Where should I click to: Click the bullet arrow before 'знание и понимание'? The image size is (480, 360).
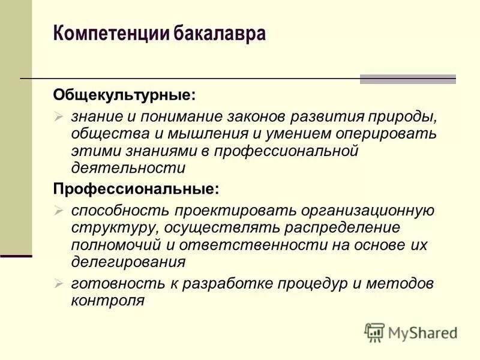(58, 115)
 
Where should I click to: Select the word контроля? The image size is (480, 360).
(107, 300)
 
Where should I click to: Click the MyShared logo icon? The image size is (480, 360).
(374, 332)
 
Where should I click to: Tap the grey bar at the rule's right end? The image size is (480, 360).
(407, 79)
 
